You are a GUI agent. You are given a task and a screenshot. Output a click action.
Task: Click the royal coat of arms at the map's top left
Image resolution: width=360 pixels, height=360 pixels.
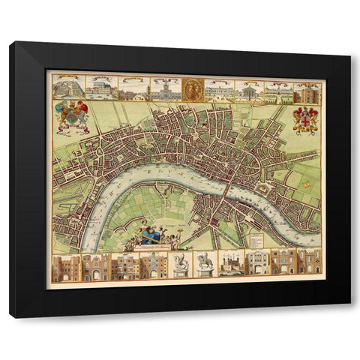71,115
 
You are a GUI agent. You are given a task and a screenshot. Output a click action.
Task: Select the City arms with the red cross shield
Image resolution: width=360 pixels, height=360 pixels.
304,119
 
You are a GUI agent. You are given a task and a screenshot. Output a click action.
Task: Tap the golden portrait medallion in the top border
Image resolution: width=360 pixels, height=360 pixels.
193,88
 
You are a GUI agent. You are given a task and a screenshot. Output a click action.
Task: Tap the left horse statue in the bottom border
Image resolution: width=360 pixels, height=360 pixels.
180,265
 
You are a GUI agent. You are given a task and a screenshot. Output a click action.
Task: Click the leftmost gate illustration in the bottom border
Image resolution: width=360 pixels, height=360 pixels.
64,265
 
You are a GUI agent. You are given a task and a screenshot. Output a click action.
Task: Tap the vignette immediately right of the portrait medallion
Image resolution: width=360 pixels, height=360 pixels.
220,90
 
